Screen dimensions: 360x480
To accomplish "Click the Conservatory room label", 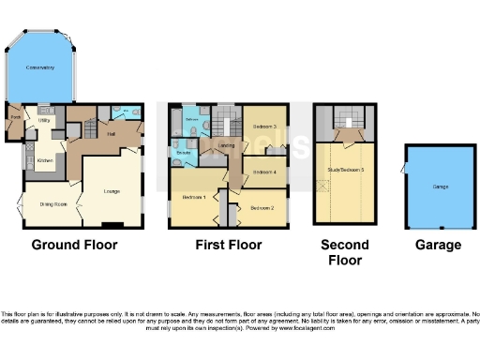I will pos(39,68).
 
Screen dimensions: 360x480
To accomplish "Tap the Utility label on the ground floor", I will pos(43,120).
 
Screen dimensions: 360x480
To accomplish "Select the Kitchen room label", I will pos(44,160).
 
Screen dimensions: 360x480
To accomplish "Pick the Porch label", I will pos(15,116).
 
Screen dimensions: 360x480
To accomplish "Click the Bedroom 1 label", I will pos(194,196).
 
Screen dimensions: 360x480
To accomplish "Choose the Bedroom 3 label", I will pos(267,125).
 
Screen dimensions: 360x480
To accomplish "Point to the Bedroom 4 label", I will pos(267,172).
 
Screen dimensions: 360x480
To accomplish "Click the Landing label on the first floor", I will pos(227,146).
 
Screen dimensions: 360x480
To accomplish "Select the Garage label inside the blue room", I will pos(440,187).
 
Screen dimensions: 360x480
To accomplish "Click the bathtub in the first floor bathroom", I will pos(192,120).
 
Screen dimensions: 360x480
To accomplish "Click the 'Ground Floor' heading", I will pos(74,245).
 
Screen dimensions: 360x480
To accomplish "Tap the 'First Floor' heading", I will pos(228,245).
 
